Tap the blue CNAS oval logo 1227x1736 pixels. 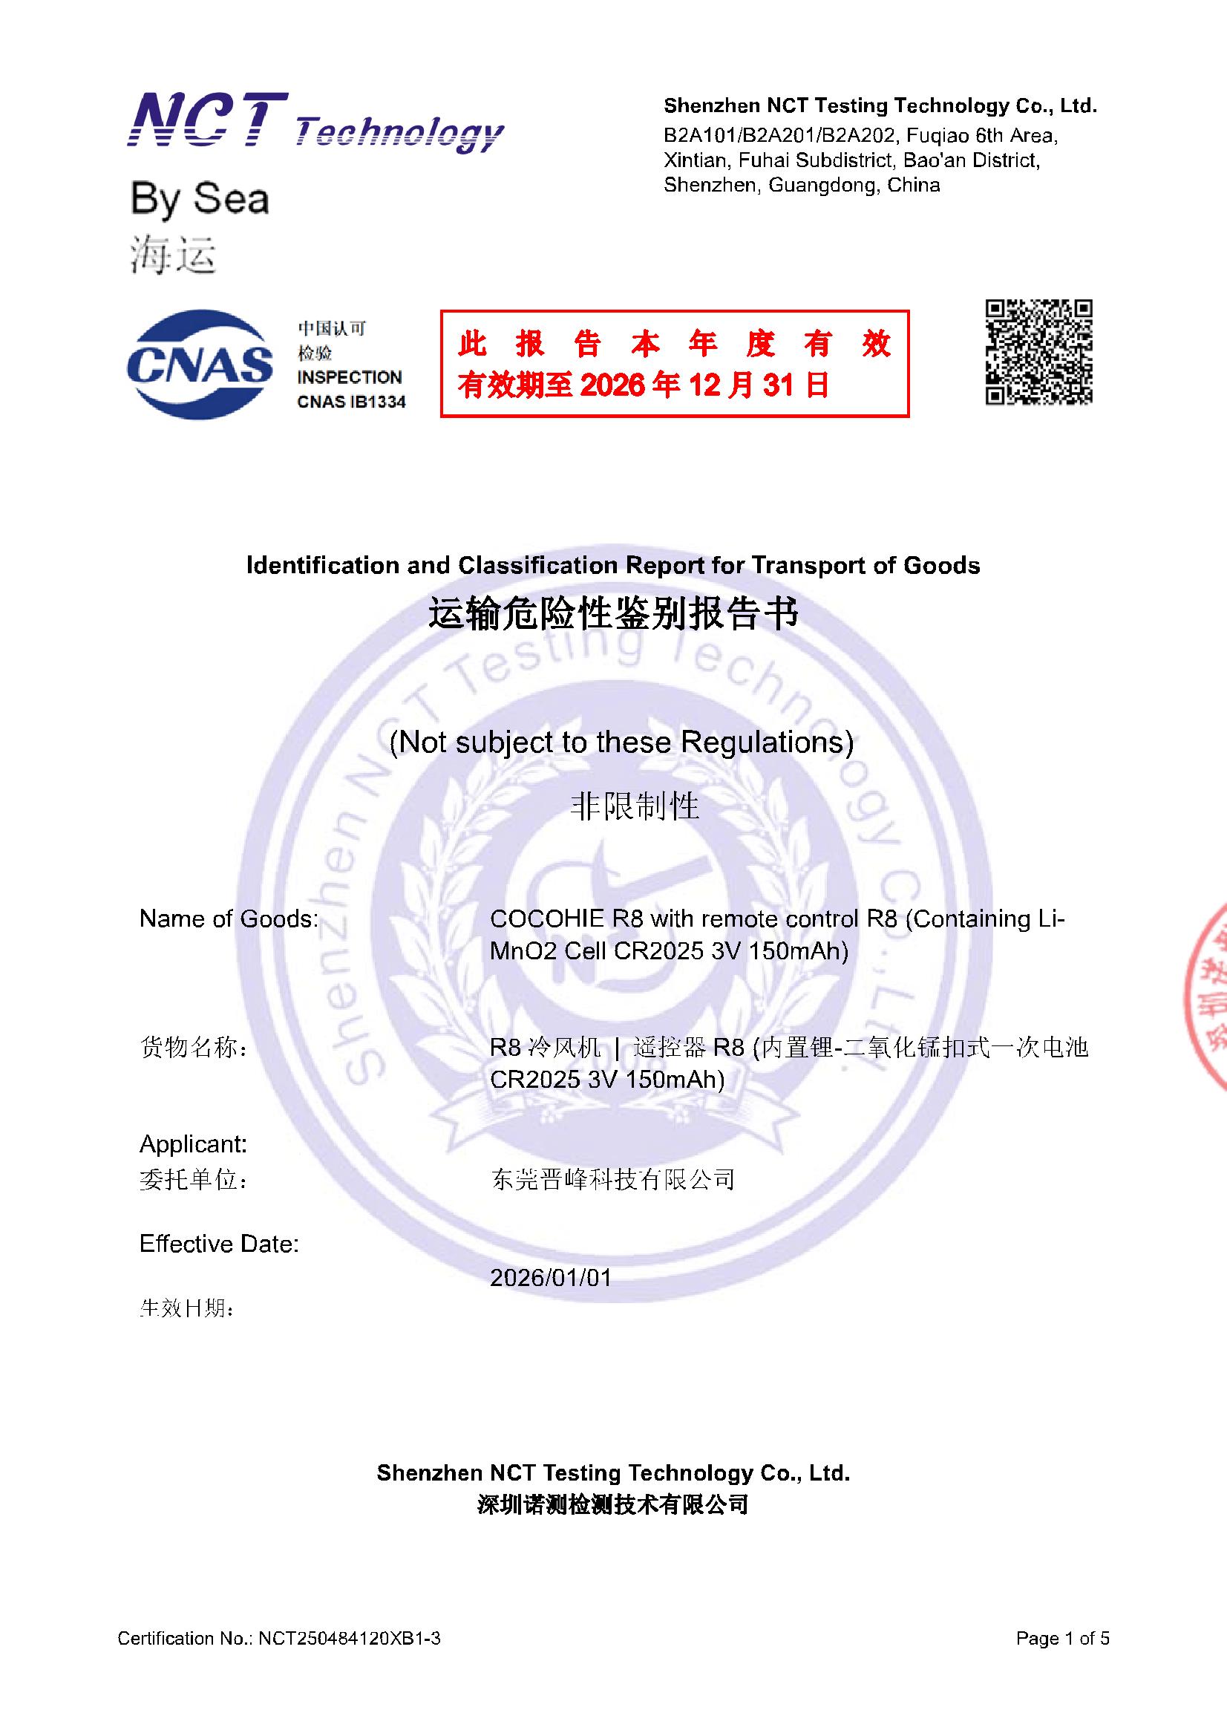tap(200, 365)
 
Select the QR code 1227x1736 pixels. tap(1038, 352)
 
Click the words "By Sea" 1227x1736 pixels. tap(200, 199)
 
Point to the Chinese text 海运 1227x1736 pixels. tap(173, 254)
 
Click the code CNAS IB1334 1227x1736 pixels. tap(351, 402)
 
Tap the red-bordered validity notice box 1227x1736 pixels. tap(674, 363)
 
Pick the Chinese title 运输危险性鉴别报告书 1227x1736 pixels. tap(612, 613)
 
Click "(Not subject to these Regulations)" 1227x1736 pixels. tap(621, 742)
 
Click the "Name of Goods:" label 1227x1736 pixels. tap(229, 918)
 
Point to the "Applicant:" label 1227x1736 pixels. tap(194, 1144)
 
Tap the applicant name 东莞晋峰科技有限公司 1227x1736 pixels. tap(612, 1179)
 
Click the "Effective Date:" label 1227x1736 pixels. tap(219, 1244)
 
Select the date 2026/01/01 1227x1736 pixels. tap(550, 1277)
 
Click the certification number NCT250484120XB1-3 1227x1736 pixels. tap(350, 1639)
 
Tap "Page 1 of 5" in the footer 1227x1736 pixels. tap(1062, 1639)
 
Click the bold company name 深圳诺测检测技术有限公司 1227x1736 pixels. tap(612, 1504)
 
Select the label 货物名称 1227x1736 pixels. tap(194, 1048)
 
